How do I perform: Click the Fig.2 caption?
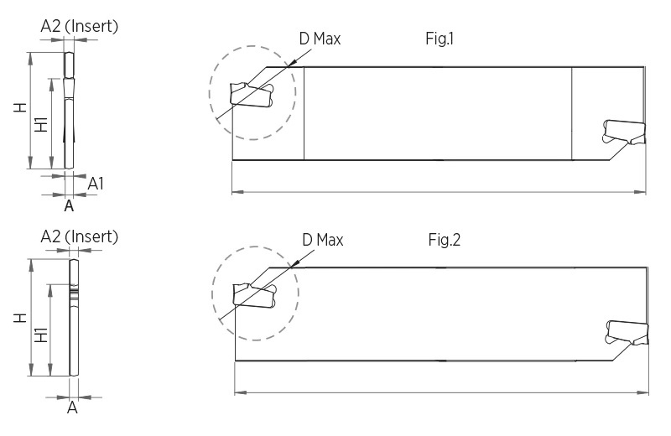[445, 240]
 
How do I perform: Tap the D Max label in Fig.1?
[320, 39]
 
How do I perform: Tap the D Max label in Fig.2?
[323, 240]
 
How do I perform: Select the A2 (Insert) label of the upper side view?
[80, 26]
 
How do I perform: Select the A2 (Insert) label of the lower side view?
[80, 236]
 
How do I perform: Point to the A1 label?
[96, 182]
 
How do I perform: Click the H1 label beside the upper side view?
[39, 126]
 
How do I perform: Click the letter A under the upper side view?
[70, 204]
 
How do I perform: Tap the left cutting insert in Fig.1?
[252, 93]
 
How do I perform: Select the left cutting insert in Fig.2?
[256, 294]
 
